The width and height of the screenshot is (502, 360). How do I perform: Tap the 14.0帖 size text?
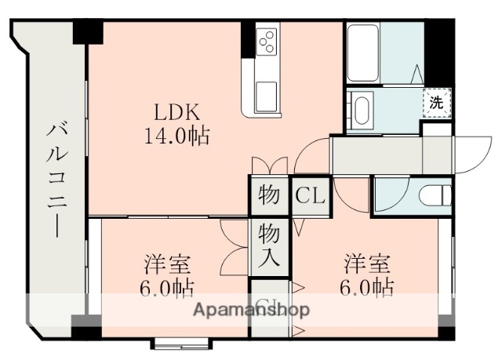(x=176, y=136)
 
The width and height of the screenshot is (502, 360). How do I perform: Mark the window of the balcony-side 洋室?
(x=180, y=343)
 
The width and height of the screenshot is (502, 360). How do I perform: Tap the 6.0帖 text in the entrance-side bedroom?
(x=367, y=287)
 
